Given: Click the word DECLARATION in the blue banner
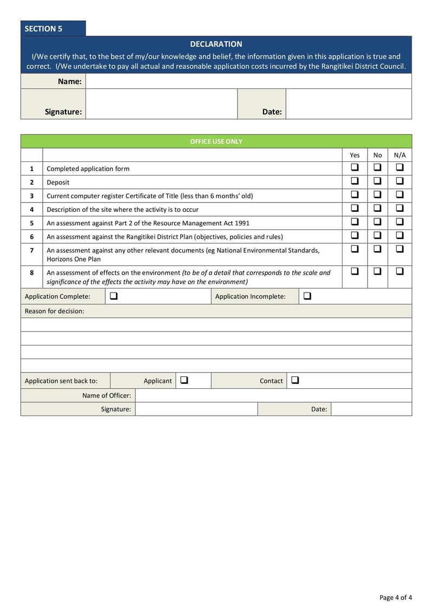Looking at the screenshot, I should point(216,44).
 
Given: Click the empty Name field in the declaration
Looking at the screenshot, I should point(248,81).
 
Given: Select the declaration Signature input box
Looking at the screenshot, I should point(161,104).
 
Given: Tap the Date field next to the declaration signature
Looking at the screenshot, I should point(348,104).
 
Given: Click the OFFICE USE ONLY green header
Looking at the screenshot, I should point(216,141).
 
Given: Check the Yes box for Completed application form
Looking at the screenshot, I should point(355,167).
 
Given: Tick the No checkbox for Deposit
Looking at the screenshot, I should point(377,181).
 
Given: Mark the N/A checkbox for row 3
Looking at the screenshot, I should point(399,194).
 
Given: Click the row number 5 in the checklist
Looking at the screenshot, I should point(31,223).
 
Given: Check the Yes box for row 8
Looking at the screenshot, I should point(355,271).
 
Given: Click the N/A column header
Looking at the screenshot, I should point(399,155).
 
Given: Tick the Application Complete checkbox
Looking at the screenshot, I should point(114,296).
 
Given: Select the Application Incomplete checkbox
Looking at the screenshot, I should point(307,296).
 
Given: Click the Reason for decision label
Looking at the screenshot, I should point(55,311).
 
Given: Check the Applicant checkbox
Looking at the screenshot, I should point(184,380).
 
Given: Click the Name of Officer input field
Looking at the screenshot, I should point(273,395).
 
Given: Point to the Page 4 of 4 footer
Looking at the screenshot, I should point(396,597).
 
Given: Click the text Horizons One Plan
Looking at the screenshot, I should point(74,259).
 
